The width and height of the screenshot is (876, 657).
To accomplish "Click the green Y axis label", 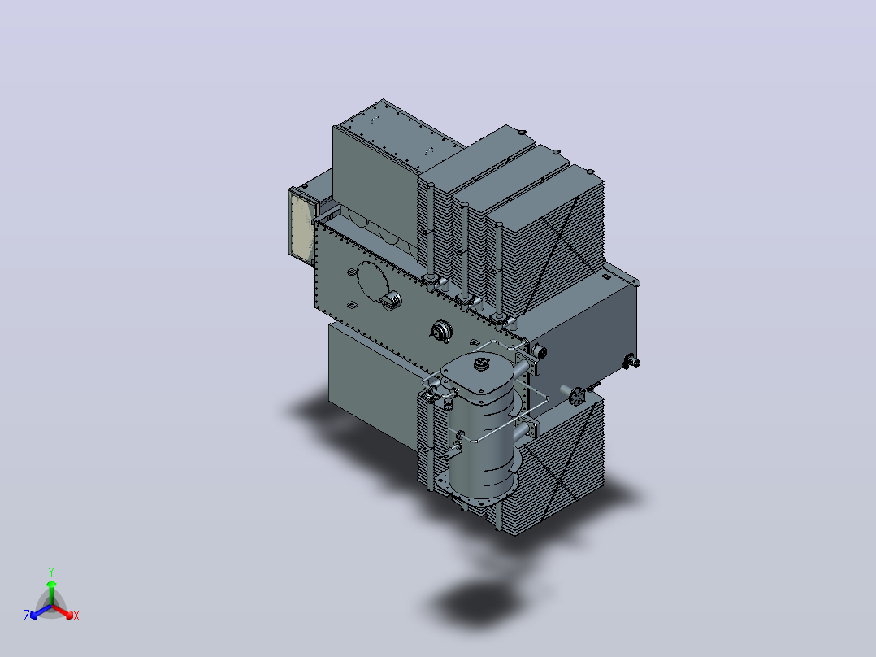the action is [51, 572].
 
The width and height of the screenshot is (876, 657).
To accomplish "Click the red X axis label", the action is [76, 616].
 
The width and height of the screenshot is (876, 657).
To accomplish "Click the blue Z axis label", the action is [27, 615].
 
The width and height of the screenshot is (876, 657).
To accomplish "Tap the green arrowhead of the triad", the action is [51, 584].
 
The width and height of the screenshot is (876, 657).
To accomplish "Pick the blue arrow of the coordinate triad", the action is [41, 611].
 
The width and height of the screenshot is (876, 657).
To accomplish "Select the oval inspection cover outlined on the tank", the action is [372, 283].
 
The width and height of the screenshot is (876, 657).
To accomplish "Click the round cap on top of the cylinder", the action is [480, 364].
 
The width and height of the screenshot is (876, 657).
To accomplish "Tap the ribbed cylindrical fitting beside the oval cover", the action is [391, 300].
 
